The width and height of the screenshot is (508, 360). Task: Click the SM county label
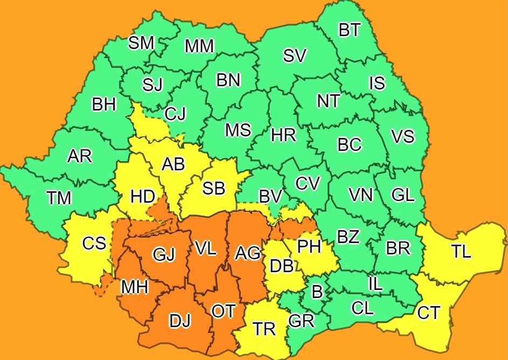point(141,43)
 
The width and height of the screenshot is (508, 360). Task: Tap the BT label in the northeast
point(350,30)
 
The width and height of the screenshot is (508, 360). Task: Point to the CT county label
point(429,313)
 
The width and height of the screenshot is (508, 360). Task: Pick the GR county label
point(301,321)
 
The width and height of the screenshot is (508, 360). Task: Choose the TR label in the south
point(265,329)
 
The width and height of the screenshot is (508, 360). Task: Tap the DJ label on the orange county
point(180,321)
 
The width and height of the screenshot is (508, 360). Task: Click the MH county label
point(134,288)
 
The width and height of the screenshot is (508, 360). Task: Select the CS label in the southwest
point(94,244)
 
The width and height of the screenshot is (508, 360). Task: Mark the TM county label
point(59,198)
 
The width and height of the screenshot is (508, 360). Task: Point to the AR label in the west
point(80,156)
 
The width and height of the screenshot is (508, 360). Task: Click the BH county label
point(104,105)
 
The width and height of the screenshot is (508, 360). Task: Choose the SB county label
point(213,188)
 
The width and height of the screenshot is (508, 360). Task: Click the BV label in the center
point(270,197)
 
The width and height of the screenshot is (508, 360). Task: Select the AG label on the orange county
point(248,251)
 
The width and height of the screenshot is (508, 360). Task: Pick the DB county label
point(281,265)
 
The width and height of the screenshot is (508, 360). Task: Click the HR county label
point(283,135)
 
